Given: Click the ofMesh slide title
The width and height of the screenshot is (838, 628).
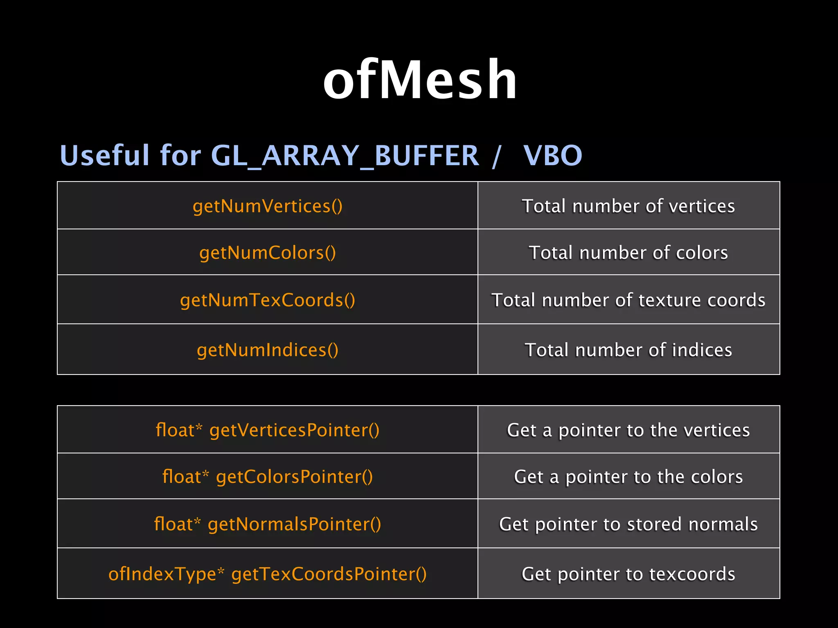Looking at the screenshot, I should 420,79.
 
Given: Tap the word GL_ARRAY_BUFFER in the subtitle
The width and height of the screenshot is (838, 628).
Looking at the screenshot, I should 345,156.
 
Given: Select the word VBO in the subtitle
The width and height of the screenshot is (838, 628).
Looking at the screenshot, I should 552,156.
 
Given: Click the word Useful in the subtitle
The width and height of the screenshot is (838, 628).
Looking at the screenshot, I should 105,156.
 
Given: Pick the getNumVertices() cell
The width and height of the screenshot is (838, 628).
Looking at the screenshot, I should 268,206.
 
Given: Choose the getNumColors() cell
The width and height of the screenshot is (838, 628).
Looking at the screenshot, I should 268,253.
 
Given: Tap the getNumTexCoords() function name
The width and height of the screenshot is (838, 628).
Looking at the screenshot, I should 268,300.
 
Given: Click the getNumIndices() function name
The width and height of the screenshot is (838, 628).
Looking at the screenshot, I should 268,350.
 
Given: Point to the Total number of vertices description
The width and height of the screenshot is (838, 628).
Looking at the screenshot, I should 628,206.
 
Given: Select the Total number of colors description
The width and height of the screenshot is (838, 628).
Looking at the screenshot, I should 628,253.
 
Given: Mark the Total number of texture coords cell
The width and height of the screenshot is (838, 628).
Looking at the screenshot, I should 628,300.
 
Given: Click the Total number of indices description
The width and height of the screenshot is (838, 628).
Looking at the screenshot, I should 628,350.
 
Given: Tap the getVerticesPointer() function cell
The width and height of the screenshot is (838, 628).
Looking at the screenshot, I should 268,430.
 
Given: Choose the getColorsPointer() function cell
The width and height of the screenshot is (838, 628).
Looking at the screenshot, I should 268,477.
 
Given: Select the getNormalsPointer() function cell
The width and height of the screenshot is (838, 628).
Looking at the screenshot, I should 268,524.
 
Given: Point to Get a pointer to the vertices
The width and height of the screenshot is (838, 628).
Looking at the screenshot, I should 628,430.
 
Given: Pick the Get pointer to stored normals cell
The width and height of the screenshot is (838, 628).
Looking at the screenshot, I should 628,524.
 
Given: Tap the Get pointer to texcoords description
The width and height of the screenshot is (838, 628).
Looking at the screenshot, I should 628,574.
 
